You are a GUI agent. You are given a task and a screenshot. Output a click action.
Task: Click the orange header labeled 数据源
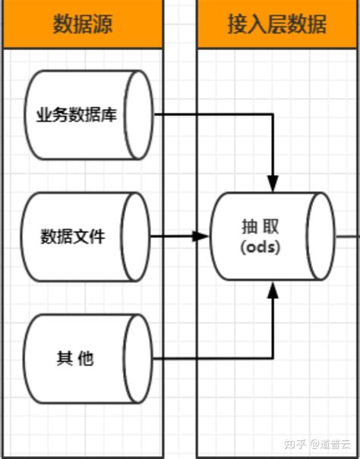click(83, 24)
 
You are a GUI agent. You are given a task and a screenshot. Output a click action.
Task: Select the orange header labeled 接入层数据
click(278, 24)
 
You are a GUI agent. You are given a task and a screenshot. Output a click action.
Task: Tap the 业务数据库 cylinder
click(84, 115)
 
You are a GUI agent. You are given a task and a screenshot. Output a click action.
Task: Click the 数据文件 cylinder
click(84, 236)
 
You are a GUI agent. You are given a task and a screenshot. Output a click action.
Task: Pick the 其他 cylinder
click(84, 357)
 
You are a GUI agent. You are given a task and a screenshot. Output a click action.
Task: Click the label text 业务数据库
click(76, 115)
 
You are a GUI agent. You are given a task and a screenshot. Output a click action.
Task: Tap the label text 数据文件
click(73, 236)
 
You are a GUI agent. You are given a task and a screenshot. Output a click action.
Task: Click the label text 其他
click(74, 358)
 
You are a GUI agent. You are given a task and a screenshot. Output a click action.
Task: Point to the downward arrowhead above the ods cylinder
click(273, 184)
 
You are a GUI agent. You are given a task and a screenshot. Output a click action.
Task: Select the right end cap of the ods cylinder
click(321, 236)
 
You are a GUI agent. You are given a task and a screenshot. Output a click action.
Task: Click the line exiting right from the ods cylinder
click(348, 236)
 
